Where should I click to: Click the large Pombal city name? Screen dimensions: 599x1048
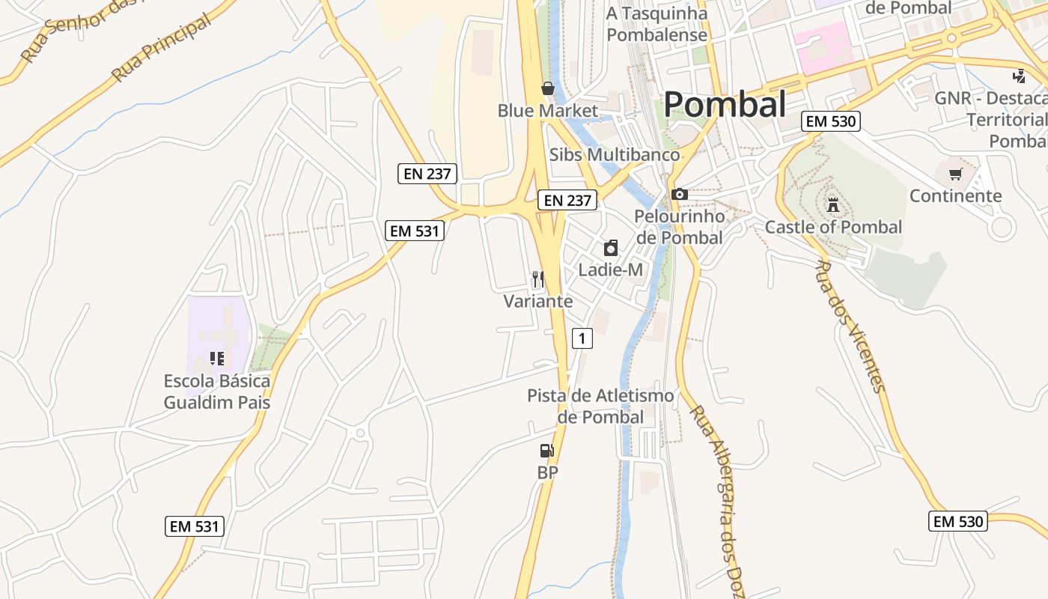coord(724,105)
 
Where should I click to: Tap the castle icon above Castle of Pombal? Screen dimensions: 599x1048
coord(832,204)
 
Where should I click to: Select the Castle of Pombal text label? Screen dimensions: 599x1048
coord(833,227)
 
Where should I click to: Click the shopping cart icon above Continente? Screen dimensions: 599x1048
coord(955,174)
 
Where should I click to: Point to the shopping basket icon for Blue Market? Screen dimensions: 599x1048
coord(548,88)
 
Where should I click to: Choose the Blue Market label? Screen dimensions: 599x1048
coord(548,111)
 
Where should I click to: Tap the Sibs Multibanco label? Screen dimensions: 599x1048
coord(615,155)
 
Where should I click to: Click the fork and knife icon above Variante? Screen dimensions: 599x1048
coord(537,280)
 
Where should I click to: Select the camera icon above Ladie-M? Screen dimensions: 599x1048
coord(611,248)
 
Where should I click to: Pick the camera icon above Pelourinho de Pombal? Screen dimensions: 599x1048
coord(679,195)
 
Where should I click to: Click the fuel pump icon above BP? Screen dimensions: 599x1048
coord(547,450)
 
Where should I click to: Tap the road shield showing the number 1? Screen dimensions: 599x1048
coord(582,338)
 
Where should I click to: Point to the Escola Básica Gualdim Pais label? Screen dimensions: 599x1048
coord(217,392)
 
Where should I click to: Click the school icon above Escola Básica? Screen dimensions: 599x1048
coord(217,359)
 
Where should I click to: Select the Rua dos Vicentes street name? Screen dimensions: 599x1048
coord(849,326)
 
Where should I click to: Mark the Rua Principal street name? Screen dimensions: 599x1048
coord(161,49)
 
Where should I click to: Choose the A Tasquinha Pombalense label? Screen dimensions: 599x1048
coord(656,24)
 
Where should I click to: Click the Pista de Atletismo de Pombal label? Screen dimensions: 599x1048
coord(600,406)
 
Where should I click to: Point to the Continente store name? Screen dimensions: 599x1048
coord(955,196)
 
